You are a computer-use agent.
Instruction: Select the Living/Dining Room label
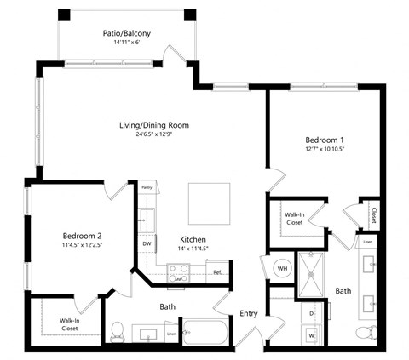click(154, 125)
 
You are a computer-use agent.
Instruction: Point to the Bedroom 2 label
click(82, 236)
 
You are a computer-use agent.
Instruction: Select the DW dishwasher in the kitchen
click(147, 243)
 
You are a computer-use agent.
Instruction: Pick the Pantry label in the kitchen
click(147, 186)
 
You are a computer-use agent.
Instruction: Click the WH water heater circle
click(281, 268)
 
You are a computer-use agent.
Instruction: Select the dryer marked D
click(311, 313)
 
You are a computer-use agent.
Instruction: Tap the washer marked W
click(311, 334)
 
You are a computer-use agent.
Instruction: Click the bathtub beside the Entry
click(204, 332)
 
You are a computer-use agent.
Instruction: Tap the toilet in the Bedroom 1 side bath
click(369, 331)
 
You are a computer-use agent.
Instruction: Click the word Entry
click(249, 313)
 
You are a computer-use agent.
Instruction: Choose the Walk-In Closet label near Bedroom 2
click(69, 324)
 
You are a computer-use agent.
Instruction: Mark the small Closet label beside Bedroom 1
click(373, 214)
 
